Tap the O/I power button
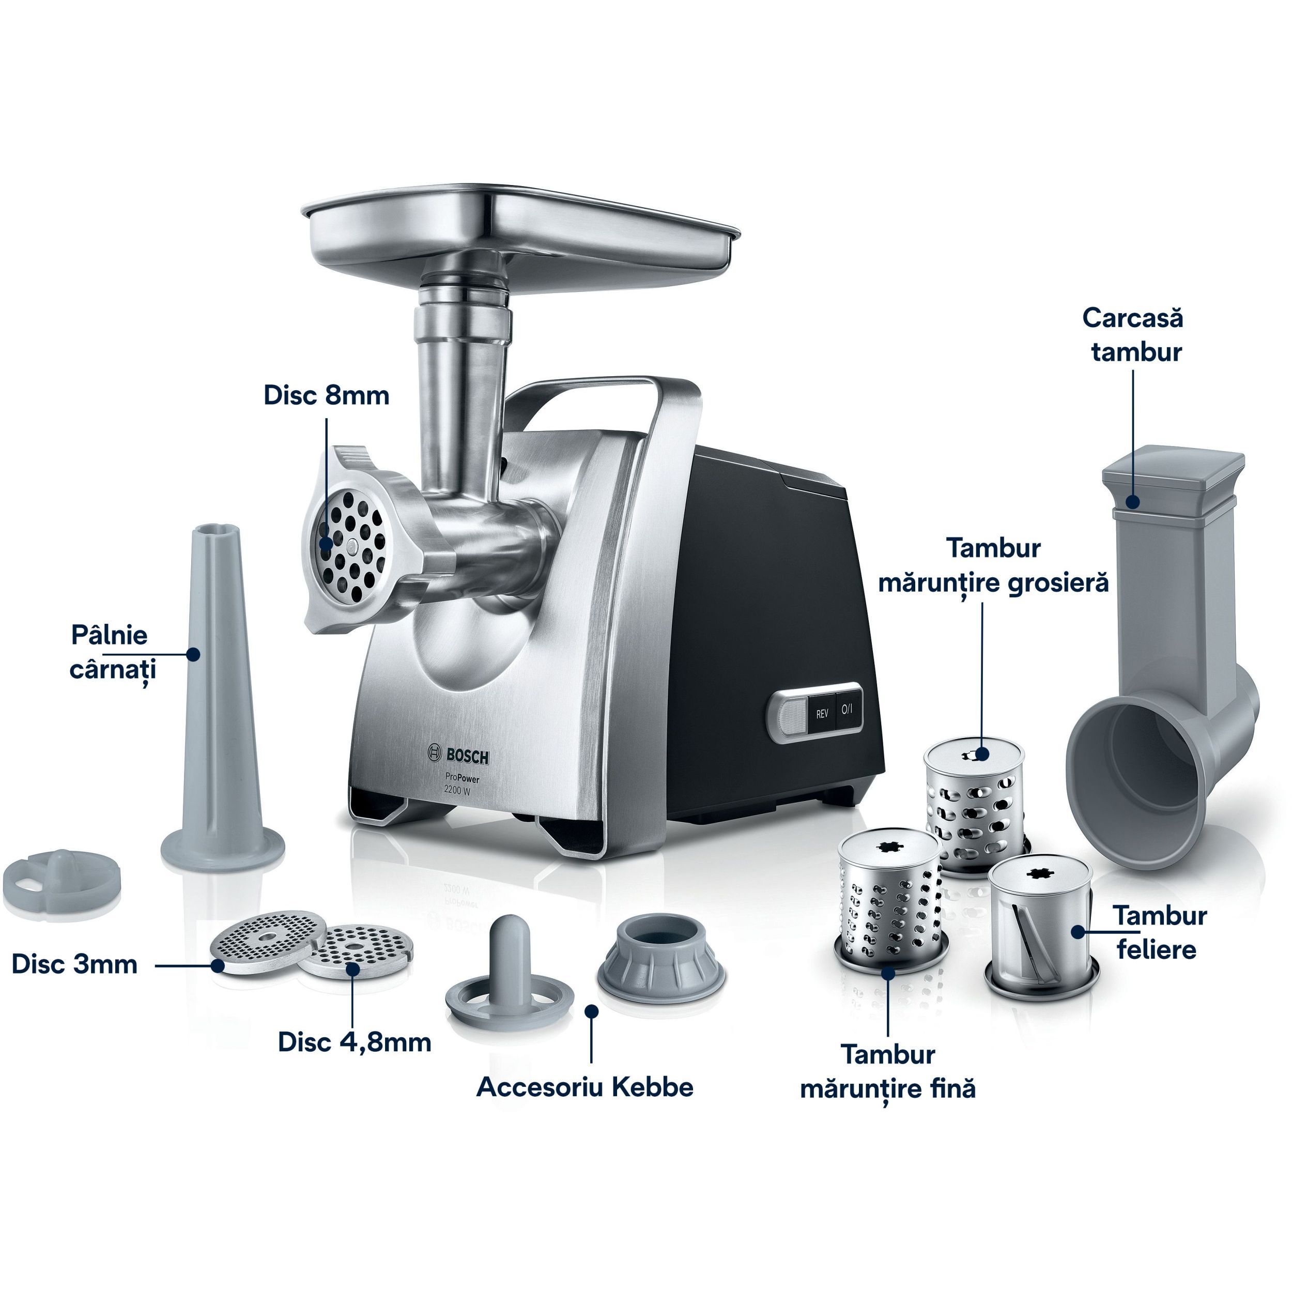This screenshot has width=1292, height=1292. [847, 709]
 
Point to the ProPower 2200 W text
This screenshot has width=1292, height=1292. [462, 784]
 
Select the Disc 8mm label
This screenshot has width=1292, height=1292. [326, 395]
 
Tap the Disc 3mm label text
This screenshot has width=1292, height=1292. [75, 964]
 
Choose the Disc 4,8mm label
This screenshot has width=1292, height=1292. [355, 1042]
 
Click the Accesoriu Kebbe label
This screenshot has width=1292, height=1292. [585, 1087]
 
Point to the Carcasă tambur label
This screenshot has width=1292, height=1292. [1133, 334]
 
